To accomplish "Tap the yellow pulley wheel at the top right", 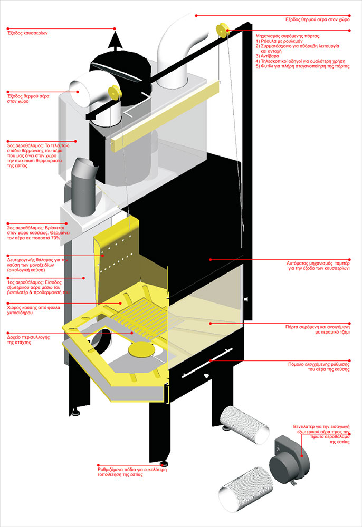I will [222, 27].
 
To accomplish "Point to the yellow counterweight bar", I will [164, 111].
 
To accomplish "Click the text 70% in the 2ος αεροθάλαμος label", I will [54, 238].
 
